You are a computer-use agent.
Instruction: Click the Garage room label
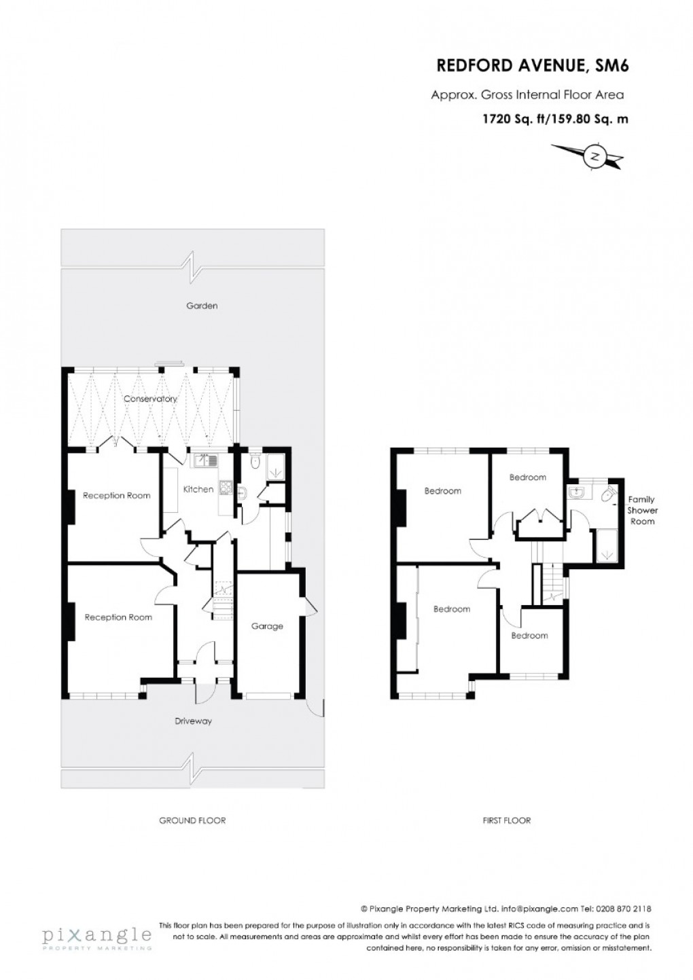(267, 626)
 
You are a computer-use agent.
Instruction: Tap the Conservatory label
(150, 399)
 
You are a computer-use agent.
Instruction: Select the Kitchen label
(198, 489)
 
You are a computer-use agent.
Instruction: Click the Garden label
(202, 306)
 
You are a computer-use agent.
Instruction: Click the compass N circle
(595, 156)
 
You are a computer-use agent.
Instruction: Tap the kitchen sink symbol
(206, 460)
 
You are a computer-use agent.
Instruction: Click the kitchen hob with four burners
(226, 488)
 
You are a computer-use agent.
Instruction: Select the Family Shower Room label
(642, 510)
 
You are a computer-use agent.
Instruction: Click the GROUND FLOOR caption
(192, 820)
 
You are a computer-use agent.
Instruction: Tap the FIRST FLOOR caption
(507, 820)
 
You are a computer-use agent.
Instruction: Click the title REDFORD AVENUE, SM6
(533, 66)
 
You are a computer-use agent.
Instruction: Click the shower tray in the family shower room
(607, 547)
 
